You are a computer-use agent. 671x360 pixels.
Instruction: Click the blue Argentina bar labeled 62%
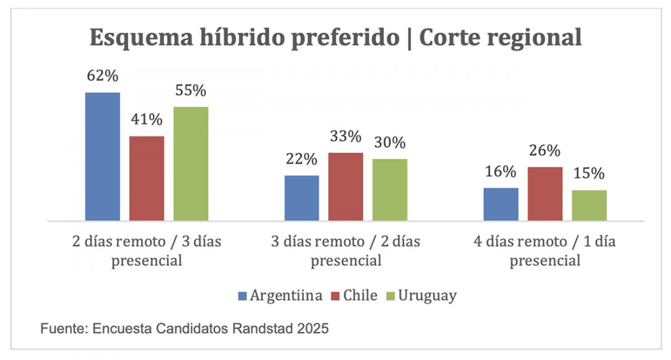pyautogui.click(x=102, y=157)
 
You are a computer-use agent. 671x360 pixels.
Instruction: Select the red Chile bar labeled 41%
pyautogui.click(x=147, y=178)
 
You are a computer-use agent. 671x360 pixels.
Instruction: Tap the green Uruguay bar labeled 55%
pyautogui.click(x=191, y=164)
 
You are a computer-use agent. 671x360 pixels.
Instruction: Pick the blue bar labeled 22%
pyautogui.click(x=301, y=198)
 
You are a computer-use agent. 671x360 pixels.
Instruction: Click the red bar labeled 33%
pyautogui.click(x=346, y=187)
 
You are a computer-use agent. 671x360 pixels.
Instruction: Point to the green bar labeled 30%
pyautogui.click(x=390, y=190)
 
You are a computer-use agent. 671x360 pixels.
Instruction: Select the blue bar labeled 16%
pyautogui.click(x=500, y=204)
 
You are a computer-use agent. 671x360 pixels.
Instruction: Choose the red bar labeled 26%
pyautogui.click(x=545, y=193)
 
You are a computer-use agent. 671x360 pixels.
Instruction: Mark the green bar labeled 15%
pyautogui.click(x=589, y=205)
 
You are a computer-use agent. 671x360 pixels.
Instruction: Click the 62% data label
pyautogui.click(x=102, y=75)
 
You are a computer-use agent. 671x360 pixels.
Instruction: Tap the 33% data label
pyautogui.click(x=346, y=136)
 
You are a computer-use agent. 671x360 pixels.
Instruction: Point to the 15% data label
pyautogui.click(x=589, y=173)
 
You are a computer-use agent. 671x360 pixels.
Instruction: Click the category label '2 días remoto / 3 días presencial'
pyautogui.click(x=147, y=251)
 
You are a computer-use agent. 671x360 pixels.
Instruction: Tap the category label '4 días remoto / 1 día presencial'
pyautogui.click(x=545, y=251)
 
